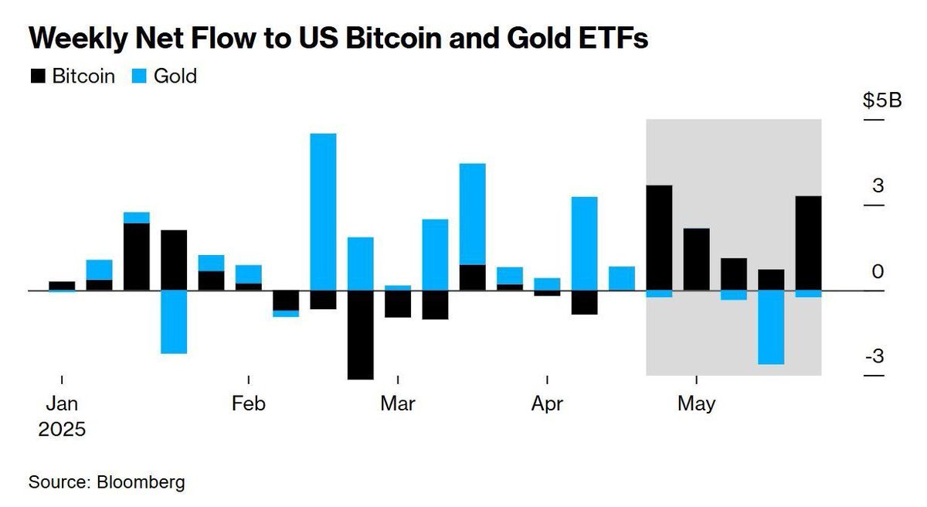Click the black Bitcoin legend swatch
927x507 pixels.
pyautogui.click(x=37, y=76)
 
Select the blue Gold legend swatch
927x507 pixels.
pyautogui.click(x=141, y=76)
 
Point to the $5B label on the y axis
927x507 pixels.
pyautogui.click(x=882, y=101)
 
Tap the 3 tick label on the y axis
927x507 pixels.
pyautogui.click(x=878, y=185)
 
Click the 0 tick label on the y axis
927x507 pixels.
pyautogui.click(x=878, y=271)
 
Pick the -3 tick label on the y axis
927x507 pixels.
pyautogui.click(x=874, y=356)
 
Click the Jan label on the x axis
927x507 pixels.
pyautogui.click(x=61, y=403)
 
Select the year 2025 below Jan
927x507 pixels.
pyautogui.click(x=62, y=429)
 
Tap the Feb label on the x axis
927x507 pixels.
pyautogui.click(x=249, y=403)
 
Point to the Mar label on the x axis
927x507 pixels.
pyautogui.click(x=398, y=403)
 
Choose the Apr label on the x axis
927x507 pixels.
pyautogui.click(x=547, y=403)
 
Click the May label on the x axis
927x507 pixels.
pyautogui.click(x=697, y=403)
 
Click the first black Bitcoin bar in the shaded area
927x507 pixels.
pyautogui.click(x=659, y=238)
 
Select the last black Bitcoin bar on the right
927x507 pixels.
pyautogui.click(x=808, y=243)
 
